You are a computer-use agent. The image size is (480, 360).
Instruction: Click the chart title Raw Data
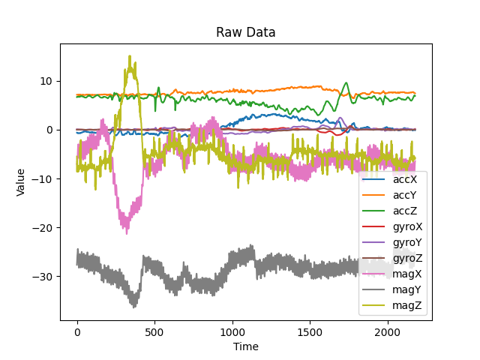click(246, 32)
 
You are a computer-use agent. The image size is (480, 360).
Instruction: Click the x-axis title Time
click(246, 346)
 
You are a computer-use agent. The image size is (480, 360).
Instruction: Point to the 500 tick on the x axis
click(154, 331)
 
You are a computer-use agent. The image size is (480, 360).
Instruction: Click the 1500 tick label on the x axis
click(310, 331)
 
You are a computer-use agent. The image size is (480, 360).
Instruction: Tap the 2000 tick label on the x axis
click(387, 331)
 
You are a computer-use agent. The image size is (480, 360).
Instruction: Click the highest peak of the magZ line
click(129, 55)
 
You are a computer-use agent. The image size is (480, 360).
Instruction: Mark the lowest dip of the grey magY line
click(134, 307)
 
